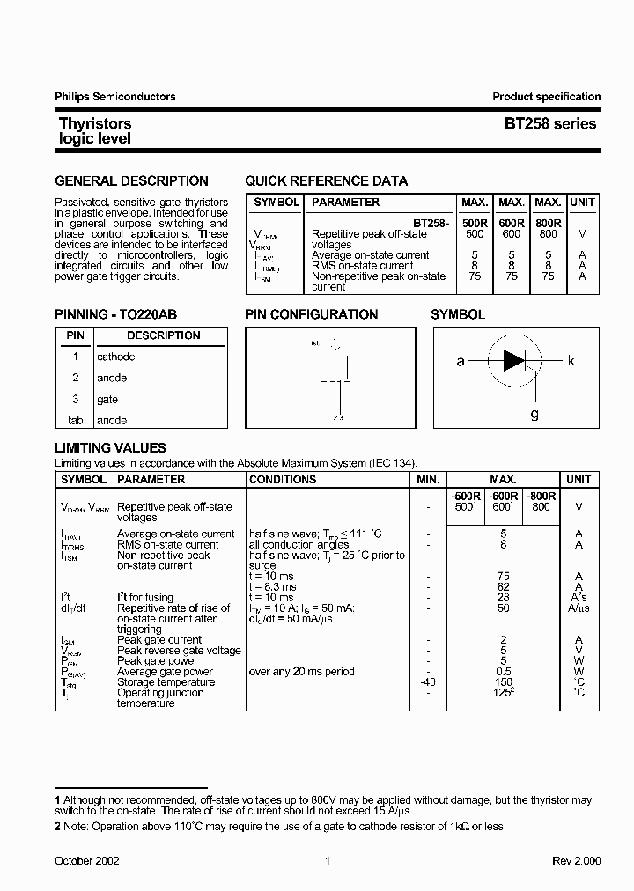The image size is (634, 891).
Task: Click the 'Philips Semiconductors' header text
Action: pyautogui.click(x=115, y=97)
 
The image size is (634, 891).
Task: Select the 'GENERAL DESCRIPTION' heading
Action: pyautogui.click(x=131, y=181)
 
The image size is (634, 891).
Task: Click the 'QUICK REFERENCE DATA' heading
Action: pyautogui.click(x=326, y=181)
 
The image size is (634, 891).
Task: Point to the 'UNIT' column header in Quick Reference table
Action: pyautogui.click(x=582, y=202)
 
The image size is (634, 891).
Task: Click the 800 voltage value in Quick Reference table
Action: pyautogui.click(x=548, y=234)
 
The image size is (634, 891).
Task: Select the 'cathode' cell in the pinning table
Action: pyautogui.click(x=116, y=357)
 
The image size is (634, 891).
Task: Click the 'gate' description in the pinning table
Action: pyautogui.click(x=107, y=399)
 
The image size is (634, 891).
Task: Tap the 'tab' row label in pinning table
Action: pyautogui.click(x=75, y=421)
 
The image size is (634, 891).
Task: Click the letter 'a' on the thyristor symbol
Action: pyautogui.click(x=461, y=361)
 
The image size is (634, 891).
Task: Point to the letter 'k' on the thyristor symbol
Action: pyautogui.click(x=571, y=361)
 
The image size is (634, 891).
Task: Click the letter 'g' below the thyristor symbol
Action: pyautogui.click(x=534, y=414)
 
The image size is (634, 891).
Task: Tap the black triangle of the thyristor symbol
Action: pyautogui.click(x=512, y=360)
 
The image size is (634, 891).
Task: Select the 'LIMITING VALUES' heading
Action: pyautogui.click(x=110, y=448)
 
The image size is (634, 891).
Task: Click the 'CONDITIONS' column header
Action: pyautogui.click(x=283, y=480)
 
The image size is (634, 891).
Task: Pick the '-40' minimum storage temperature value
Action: pyautogui.click(x=427, y=682)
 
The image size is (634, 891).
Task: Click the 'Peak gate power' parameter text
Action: pyautogui.click(x=158, y=661)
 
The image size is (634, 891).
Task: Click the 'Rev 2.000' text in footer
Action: pyautogui.click(x=575, y=861)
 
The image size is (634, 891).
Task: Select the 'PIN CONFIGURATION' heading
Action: pyautogui.click(x=311, y=314)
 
